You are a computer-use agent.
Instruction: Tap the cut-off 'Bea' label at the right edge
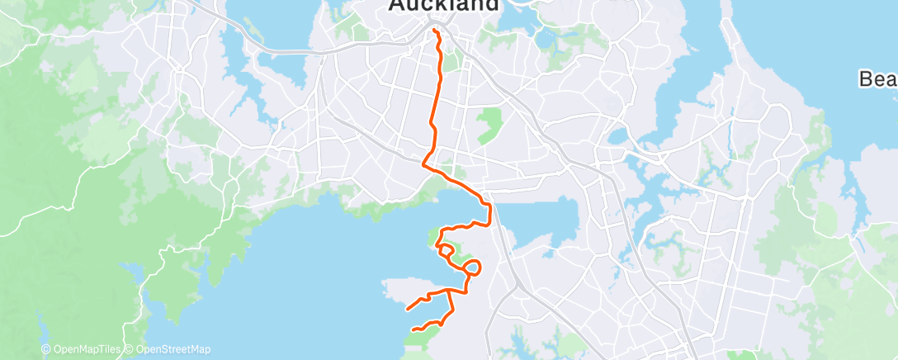pyautogui.click(x=877, y=79)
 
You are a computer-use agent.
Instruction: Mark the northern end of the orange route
pyautogui.click(x=433, y=30)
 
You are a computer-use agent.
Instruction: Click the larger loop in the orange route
pyautogui.click(x=473, y=267)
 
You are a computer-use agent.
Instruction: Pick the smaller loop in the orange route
pyautogui.click(x=445, y=249)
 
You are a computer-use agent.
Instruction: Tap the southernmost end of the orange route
pyautogui.click(x=413, y=331)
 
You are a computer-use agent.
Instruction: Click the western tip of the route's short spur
pyautogui.click(x=407, y=310)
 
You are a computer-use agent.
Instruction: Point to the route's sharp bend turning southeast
pyautogui.click(x=424, y=163)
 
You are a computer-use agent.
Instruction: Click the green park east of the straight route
pyautogui.click(x=490, y=125)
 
